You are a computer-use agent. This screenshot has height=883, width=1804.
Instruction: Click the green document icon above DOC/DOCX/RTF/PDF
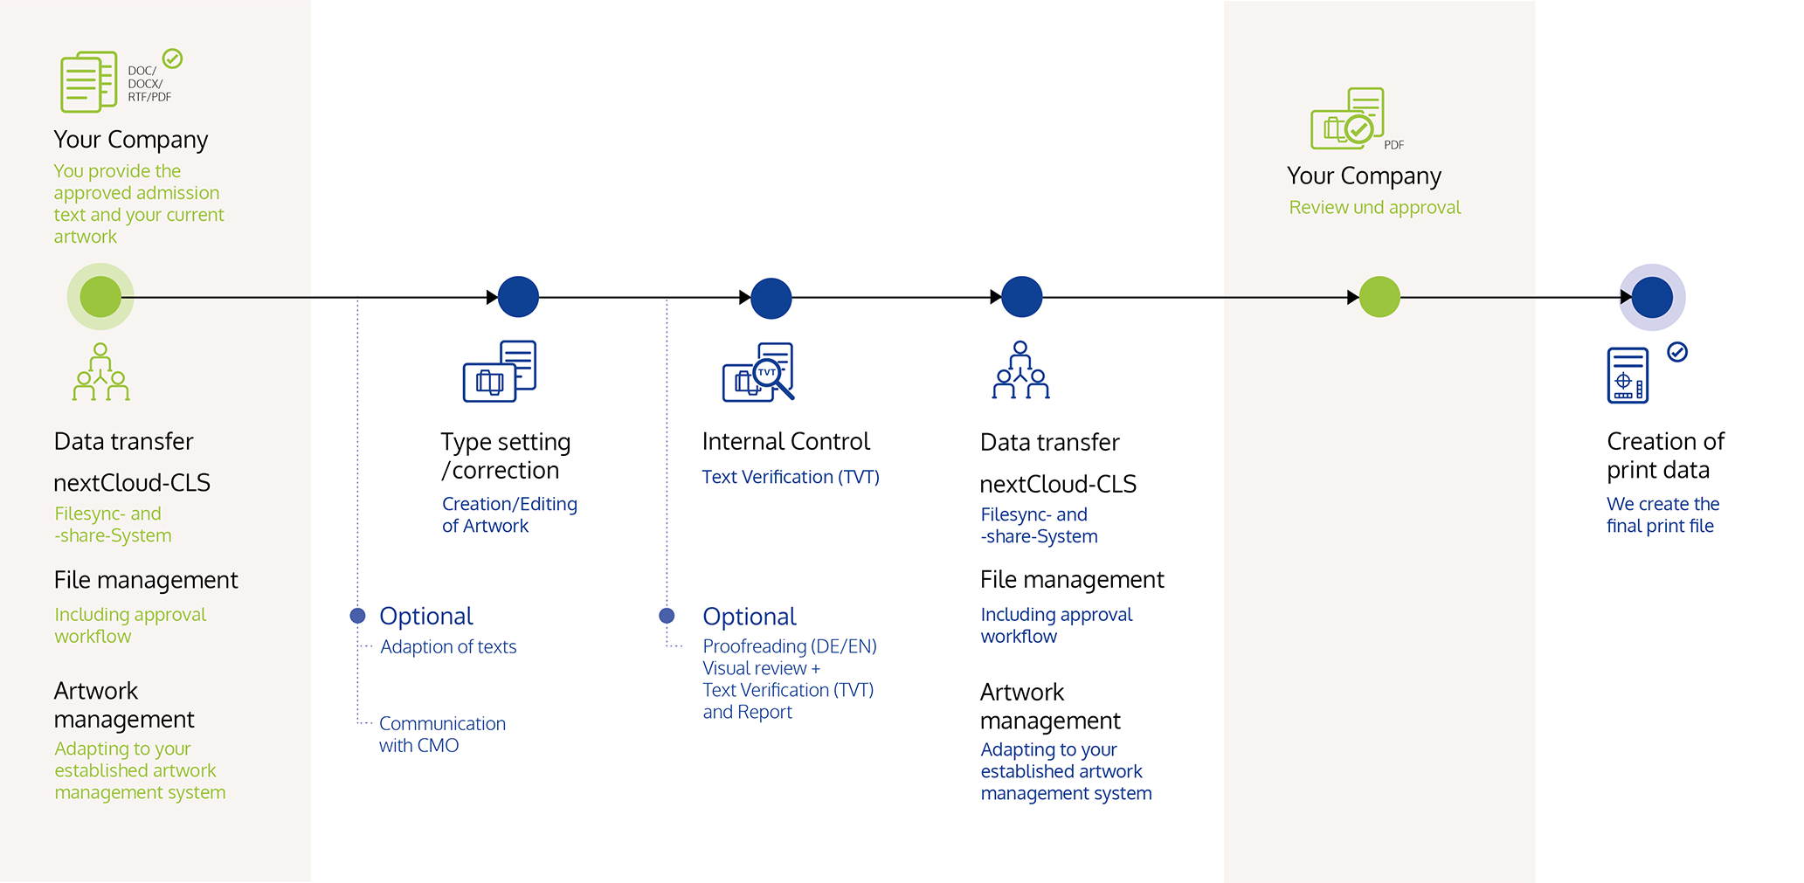tap(88, 81)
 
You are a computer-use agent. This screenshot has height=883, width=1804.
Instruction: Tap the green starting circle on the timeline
tap(100, 297)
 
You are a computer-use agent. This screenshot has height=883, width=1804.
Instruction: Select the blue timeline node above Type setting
tap(518, 297)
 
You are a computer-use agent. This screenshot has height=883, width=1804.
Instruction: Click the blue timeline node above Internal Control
tap(771, 298)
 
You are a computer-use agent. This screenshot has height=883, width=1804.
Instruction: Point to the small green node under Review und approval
tap(1379, 297)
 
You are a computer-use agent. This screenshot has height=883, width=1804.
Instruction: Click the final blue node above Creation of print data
tap(1652, 297)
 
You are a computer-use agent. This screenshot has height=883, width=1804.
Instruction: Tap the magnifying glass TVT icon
tap(758, 372)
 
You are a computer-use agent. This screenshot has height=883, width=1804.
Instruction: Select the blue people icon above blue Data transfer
tap(1020, 370)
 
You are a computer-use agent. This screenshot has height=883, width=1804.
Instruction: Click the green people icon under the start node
tap(100, 372)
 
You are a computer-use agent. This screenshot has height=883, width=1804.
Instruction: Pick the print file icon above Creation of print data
tap(1628, 376)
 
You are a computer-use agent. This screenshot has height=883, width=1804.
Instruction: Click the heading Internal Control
tap(786, 441)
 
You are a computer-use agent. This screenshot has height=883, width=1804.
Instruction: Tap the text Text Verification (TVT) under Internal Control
tap(791, 477)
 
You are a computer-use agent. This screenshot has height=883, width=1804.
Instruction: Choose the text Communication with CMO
tap(442, 735)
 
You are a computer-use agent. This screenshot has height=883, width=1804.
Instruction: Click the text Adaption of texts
tap(448, 647)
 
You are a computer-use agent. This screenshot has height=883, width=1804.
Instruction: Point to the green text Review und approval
tap(1375, 208)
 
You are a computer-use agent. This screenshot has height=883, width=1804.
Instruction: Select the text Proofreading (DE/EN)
tap(790, 646)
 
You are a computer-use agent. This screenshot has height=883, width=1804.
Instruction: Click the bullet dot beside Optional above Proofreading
tap(667, 616)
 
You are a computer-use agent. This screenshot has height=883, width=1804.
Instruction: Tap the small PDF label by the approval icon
tap(1394, 145)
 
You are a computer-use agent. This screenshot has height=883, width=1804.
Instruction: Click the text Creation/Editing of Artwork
tap(509, 515)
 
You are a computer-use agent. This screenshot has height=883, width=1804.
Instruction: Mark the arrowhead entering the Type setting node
tap(492, 298)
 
